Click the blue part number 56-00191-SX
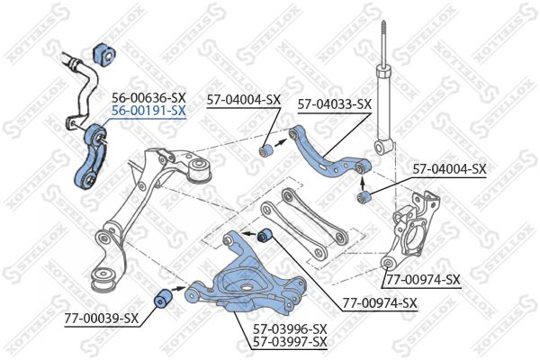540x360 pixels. coord(148,111)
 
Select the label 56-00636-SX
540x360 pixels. coord(148,98)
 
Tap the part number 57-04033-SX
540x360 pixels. coord(335,104)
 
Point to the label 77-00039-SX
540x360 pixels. coord(101,319)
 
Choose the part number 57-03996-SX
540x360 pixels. coord(290,329)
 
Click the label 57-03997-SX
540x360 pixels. coord(290,342)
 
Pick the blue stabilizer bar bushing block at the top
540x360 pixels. coord(104,53)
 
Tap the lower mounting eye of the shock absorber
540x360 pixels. coord(382,148)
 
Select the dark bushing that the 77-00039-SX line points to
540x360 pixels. coord(162,298)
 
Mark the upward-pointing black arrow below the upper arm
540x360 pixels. coord(363,184)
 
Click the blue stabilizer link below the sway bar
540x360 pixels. coord(89,156)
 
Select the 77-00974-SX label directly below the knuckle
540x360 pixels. coord(423,280)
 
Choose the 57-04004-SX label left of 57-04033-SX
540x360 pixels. coord(244,100)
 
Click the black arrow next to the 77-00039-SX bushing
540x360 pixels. coord(178,288)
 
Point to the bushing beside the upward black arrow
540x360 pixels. coord(363,197)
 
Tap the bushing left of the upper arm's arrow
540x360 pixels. coord(265,151)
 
